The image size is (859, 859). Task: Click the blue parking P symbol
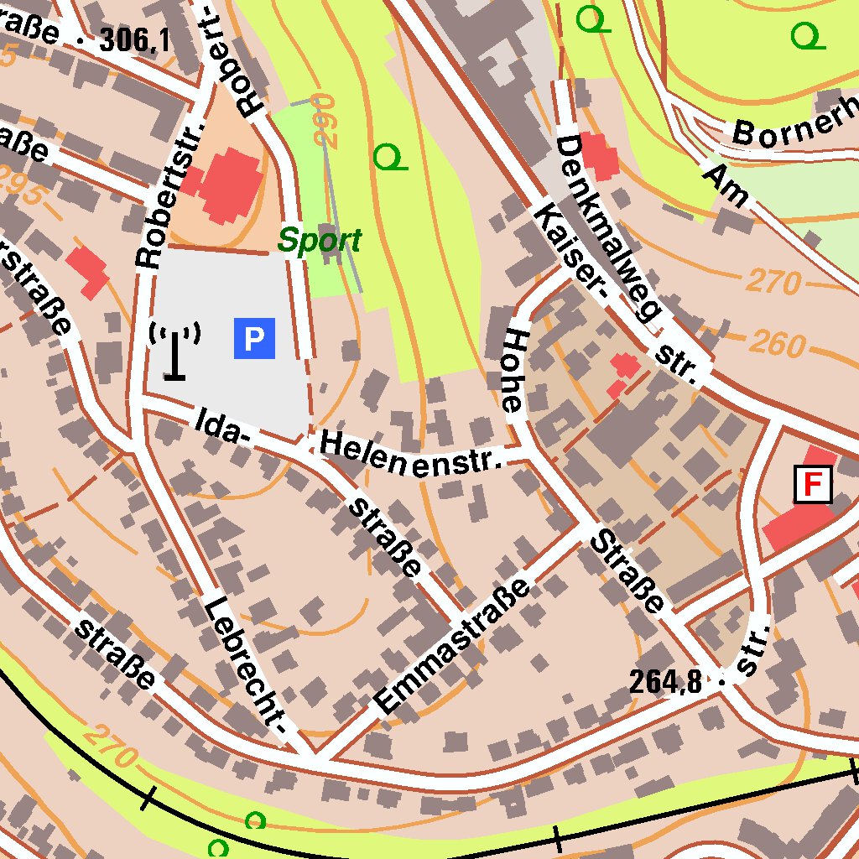click(254, 338)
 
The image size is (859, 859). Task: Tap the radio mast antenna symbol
click(174, 351)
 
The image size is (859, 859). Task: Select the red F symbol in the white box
click(812, 485)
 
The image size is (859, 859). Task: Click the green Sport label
click(320, 242)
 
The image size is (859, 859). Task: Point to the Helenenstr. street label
click(411, 454)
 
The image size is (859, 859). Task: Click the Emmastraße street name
click(454, 646)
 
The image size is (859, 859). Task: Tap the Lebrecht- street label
click(247, 671)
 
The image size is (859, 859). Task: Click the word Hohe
click(513, 370)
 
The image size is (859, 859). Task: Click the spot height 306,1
click(134, 39)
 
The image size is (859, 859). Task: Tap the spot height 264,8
click(665, 682)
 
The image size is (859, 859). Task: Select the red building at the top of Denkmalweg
click(599, 155)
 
